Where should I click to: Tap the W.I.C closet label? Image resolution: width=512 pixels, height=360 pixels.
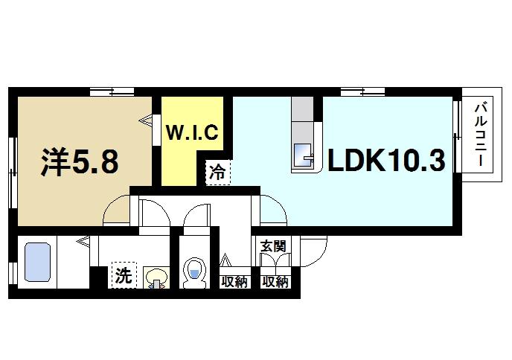coord(191,133)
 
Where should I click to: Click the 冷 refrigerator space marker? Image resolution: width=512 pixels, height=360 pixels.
coord(218,172)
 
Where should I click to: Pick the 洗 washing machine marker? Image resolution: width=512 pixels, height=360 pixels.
coord(124,276)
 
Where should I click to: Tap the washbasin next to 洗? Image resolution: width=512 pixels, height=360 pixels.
coord(156,279)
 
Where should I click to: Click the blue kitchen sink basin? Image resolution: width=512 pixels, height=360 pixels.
coord(304,155)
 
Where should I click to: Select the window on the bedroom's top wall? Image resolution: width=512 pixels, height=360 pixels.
coord(112,91)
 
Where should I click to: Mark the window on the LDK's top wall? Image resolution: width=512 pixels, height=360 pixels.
coord(363,91)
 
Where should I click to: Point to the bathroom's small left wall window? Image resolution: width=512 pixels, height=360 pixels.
coord(12,273)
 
